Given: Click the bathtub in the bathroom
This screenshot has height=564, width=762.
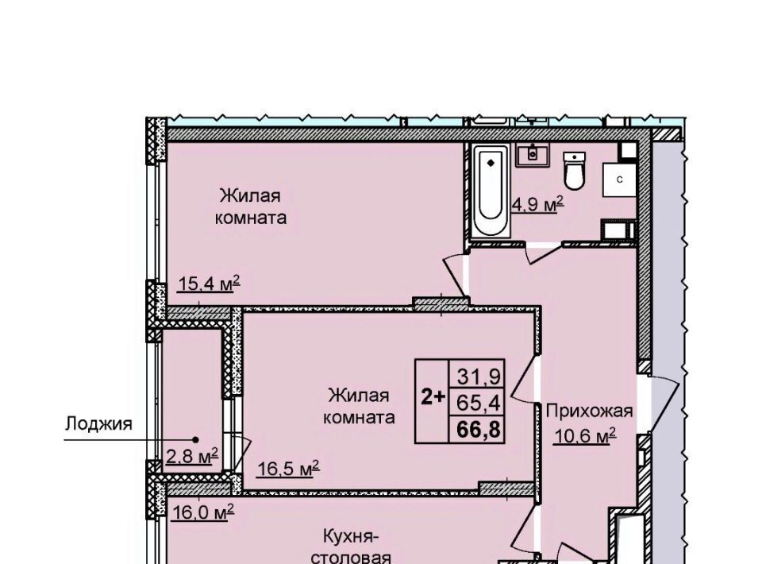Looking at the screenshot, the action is point(491,191).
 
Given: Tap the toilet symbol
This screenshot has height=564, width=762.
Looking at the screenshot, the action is point(574,170).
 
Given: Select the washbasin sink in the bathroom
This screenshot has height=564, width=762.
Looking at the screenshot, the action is point(532,155).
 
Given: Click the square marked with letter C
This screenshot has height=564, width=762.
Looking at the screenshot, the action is point(620,180).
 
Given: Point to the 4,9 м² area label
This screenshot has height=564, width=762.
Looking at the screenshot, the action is point(537,204).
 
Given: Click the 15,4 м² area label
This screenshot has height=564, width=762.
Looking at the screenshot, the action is point(210,283).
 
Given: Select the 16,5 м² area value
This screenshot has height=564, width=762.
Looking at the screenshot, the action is point(287,469).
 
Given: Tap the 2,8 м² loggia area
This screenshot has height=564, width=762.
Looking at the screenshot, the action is point(192,457).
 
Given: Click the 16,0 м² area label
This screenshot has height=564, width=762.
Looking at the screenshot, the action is point(202,512).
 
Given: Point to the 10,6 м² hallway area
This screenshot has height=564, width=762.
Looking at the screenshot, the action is point(585,435).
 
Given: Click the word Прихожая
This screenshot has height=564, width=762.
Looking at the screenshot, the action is point(589,411).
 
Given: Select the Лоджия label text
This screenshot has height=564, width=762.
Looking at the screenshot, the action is point(98,423).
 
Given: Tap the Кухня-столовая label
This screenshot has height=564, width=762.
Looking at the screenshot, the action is point(350,548).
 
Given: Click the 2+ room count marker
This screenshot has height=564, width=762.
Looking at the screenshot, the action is point(433,398).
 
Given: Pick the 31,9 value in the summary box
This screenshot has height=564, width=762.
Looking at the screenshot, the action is point(479,377).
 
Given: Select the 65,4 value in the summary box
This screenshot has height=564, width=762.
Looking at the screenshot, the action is point(479,403).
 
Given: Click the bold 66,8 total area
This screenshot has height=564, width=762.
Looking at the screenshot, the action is point(479,430).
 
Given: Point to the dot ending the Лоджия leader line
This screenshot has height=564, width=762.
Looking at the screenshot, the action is point(195,439).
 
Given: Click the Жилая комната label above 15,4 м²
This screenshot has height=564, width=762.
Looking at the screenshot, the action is point(250,207).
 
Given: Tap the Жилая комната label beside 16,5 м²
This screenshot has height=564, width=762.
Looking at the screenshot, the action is point(359,406).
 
